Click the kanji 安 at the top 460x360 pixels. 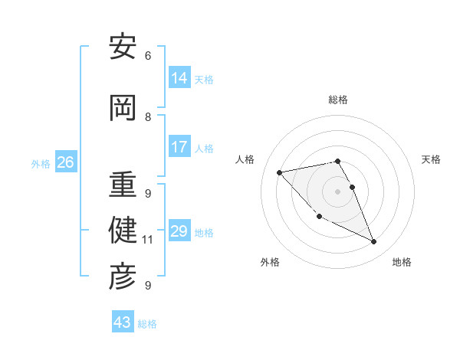[x=123, y=47]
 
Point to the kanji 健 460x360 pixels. [x=123, y=231]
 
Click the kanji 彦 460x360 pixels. [x=123, y=277]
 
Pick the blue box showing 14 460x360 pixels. [x=179, y=78]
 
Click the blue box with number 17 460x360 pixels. [x=179, y=147]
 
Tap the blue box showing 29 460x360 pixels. [x=179, y=231]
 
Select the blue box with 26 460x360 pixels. [x=65, y=162]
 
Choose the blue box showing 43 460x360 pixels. [x=123, y=322]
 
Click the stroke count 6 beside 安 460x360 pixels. [x=148, y=56]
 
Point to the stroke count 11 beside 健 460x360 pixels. [x=148, y=240]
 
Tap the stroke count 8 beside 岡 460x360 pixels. [x=148, y=117]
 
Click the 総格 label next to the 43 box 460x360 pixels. [x=147, y=324]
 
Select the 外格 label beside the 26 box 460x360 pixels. [x=40, y=164]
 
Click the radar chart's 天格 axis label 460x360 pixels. [x=431, y=159]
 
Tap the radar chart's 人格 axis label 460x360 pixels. [x=245, y=159]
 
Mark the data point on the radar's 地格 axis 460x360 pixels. [x=374, y=242]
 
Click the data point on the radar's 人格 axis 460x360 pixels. [x=280, y=172]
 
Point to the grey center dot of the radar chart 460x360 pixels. [x=338, y=191]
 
